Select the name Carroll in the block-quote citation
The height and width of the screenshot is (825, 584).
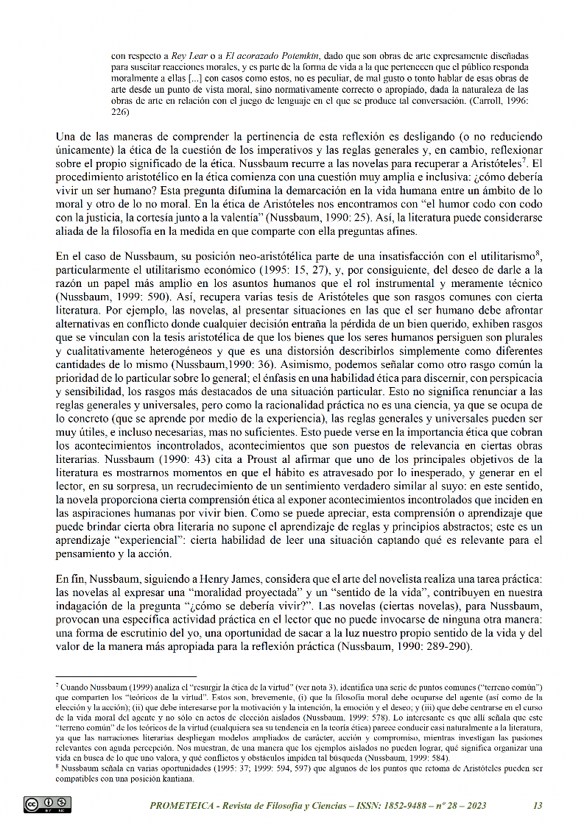coord(485,101)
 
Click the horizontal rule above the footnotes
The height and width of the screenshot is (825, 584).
coord(126,676)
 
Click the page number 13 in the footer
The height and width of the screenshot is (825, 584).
coord(537,806)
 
